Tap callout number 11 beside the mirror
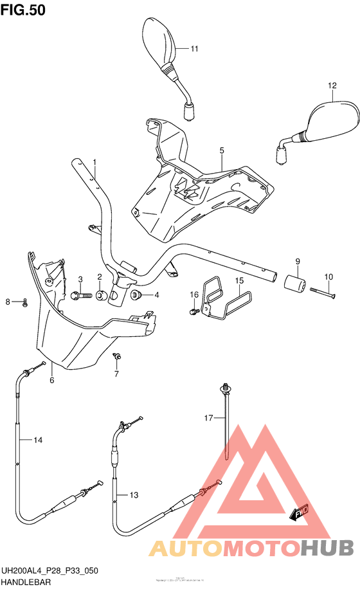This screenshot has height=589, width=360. [194, 49]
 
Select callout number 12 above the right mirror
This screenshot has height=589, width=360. [332, 86]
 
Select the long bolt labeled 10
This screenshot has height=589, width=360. [323, 292]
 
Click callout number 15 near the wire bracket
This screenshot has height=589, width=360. [239, 281]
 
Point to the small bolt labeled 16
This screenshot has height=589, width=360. [193, 312]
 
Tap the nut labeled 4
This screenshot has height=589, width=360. [136, 295]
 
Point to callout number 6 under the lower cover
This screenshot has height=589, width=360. [52, 380]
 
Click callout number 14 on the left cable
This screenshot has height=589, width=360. [38, 440]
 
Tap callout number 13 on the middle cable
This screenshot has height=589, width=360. [134, 495]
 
